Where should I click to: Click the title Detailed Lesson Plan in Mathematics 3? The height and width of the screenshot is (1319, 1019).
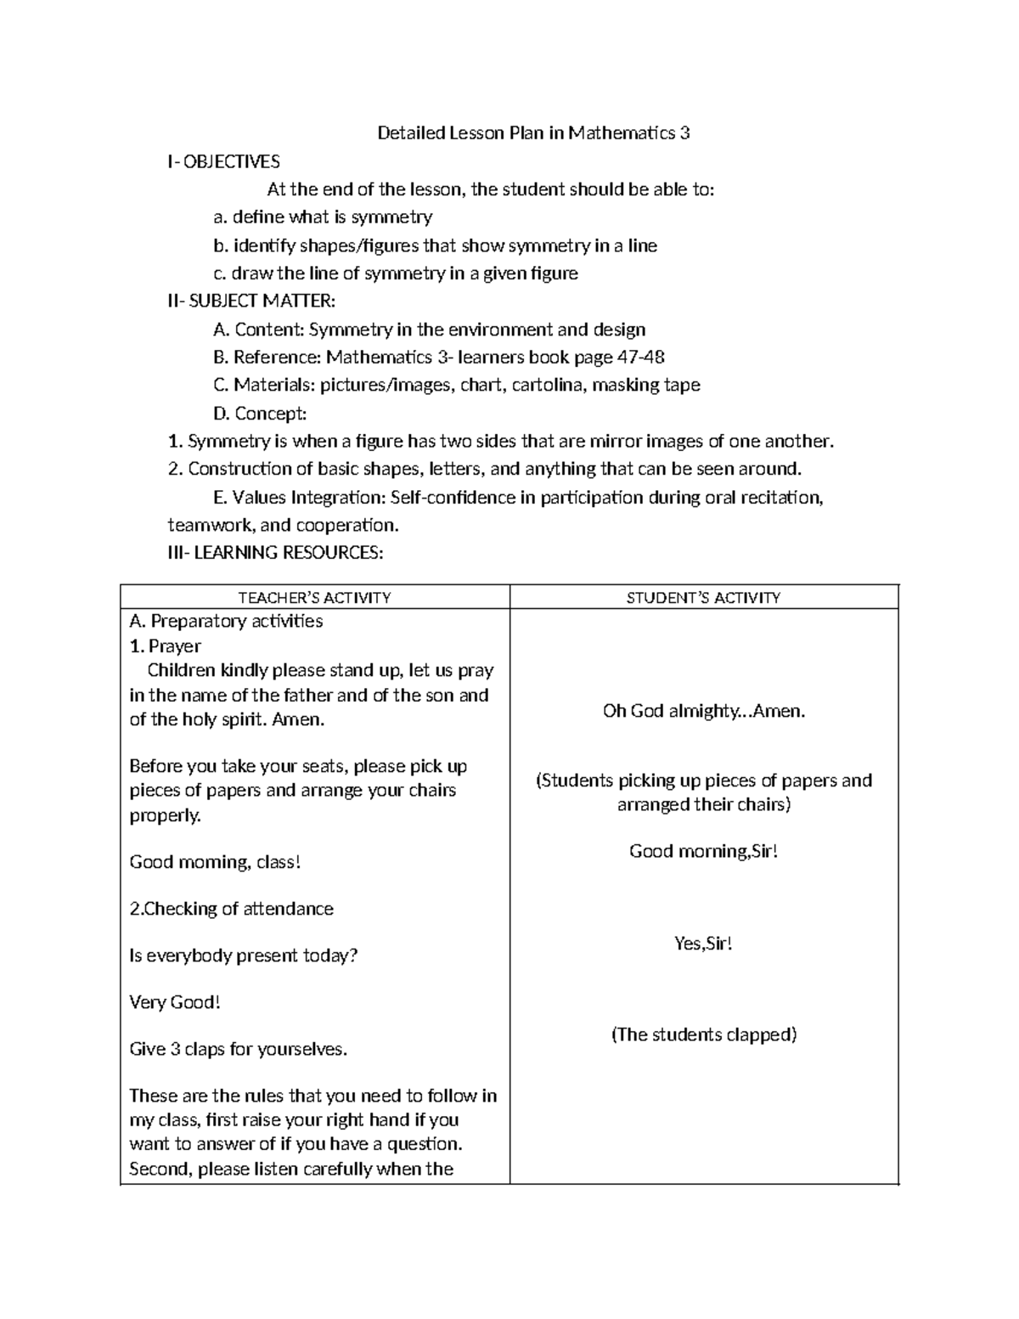click(533, 133)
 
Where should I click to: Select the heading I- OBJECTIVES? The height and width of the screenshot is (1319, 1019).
click(224, 161)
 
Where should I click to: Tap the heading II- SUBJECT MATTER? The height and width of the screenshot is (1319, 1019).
click(251, 302)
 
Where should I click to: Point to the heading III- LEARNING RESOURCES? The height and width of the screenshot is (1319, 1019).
click(276, 553)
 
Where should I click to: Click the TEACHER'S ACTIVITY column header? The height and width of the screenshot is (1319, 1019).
click(314, 598)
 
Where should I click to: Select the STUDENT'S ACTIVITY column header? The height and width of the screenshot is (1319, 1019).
click(703, 598)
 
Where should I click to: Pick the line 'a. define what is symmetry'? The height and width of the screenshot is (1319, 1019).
click(323, 217)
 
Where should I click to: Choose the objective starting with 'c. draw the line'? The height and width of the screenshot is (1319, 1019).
click(396, 273)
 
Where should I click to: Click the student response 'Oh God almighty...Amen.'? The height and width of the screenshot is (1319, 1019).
click(703, 712)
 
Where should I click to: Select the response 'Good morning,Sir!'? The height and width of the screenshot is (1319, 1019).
click(703, 852)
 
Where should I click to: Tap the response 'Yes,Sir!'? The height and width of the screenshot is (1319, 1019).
click(703, 944)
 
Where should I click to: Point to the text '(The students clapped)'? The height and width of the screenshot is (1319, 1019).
click(703, 1035)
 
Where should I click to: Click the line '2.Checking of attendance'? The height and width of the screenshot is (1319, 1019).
click(231, 910)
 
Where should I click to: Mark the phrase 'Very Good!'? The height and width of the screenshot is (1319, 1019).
click(175, 1003)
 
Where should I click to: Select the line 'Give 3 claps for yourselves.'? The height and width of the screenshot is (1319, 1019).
click(239, 1050)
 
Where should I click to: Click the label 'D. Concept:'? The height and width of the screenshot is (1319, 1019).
click(260, 414)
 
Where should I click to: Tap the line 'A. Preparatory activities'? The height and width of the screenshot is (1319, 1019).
click(226, 622)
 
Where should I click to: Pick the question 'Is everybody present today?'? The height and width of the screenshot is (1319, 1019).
click(244, 956)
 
